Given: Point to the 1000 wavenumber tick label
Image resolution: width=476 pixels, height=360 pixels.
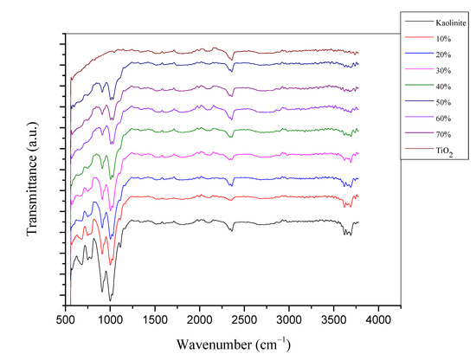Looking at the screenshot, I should click(x=110, y=319).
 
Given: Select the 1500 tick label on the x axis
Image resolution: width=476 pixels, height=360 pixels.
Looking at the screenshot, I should click(x=155, y=319).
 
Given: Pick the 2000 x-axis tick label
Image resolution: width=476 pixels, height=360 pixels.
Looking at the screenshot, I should click(x=199, y=319).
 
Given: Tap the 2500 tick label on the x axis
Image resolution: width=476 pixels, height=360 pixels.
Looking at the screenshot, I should click(x=244, y=319).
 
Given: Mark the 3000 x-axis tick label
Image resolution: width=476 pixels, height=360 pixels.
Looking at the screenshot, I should click(x=288, y=319).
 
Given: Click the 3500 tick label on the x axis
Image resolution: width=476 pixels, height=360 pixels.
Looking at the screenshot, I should click(x=333, y=319).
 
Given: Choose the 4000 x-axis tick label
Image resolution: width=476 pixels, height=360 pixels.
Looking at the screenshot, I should click(x=377, y=319).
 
